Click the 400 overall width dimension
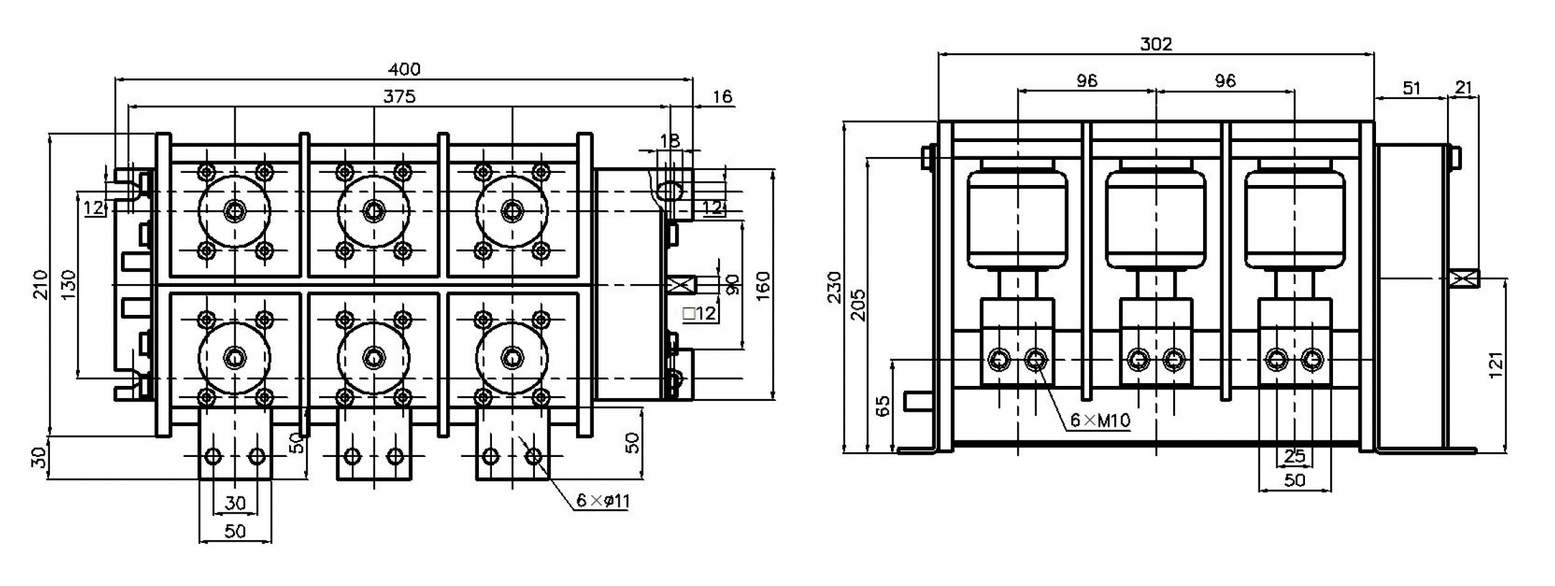[x=404, y=70]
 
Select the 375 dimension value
[x=399, y=97]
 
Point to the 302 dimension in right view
[x=1156, y=44]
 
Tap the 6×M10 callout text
[x=1100, y=421]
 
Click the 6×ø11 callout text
[x=603, y=501]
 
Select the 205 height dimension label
[x=858, y=305]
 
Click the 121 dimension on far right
[x=1497, y=365]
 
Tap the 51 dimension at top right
[x=1412, y=88]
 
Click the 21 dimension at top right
[x=1464, y=88]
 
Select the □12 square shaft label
[x=699, y=314]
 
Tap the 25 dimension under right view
[x=1294, y=456]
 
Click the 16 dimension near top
[x=721, y=97]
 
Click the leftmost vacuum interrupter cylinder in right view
[x=1017, y=219]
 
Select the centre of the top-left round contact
[x=234, y=211]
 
